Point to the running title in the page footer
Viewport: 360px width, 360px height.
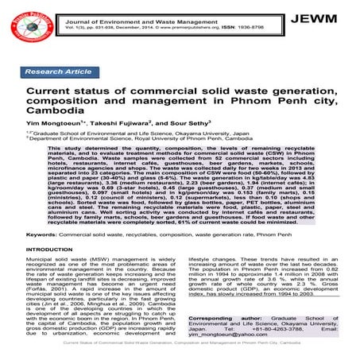pyautogui.click(x=180, y=354)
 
